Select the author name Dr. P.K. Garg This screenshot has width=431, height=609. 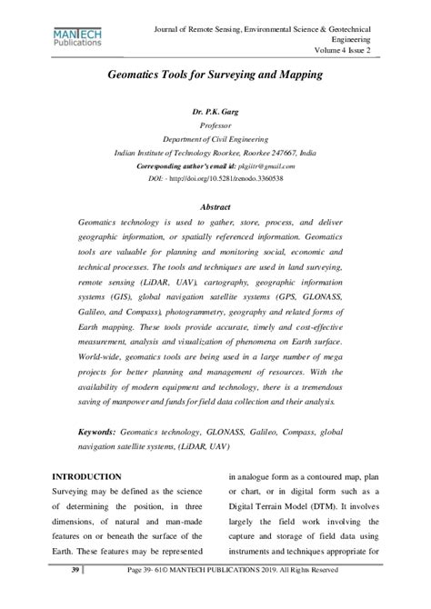pos(215,111)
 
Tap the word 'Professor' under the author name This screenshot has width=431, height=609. pos(215,125)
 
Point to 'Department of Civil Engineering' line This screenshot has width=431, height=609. pos(215,139)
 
